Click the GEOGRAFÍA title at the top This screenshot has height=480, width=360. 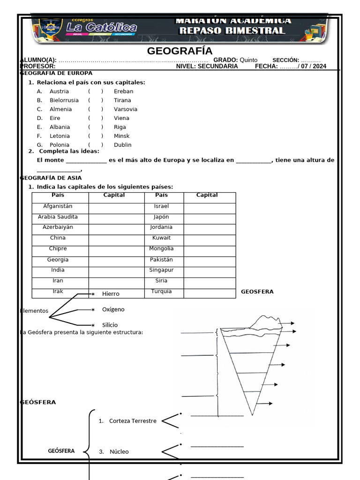click(x=180, y=51)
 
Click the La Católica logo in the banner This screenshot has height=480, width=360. click(x=101, y=28)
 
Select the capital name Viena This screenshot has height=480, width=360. click(x=121, y=118)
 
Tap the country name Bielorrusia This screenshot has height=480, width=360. click(x=64, y=100)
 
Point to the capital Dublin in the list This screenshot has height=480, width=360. click(x=122, y=145)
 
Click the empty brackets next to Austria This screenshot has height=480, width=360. click(x=96, y=91)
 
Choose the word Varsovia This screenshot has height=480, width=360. click(x=125, y=109)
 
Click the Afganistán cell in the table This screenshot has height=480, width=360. click(x=58, y=206)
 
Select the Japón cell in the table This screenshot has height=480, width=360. click(x=161, y=217)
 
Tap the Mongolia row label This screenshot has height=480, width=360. click(x=161, y=248)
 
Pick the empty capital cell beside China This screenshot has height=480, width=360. click(x=117, y=238)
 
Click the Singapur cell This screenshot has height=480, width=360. click(x=161, y=270)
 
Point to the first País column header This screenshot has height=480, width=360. click(x=58, y=195)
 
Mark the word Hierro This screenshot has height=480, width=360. click(x=111, y=294)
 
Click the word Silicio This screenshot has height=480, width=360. click(x=110, y=325)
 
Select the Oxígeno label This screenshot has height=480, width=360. click(x=113, y=309)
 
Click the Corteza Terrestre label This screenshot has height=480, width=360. click(x=133, y=421)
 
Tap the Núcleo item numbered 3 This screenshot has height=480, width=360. click(x=119, y=452)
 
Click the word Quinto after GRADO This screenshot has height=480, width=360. click(x=248, y=60)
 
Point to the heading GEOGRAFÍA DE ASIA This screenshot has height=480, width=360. click(x=51, y=178)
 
